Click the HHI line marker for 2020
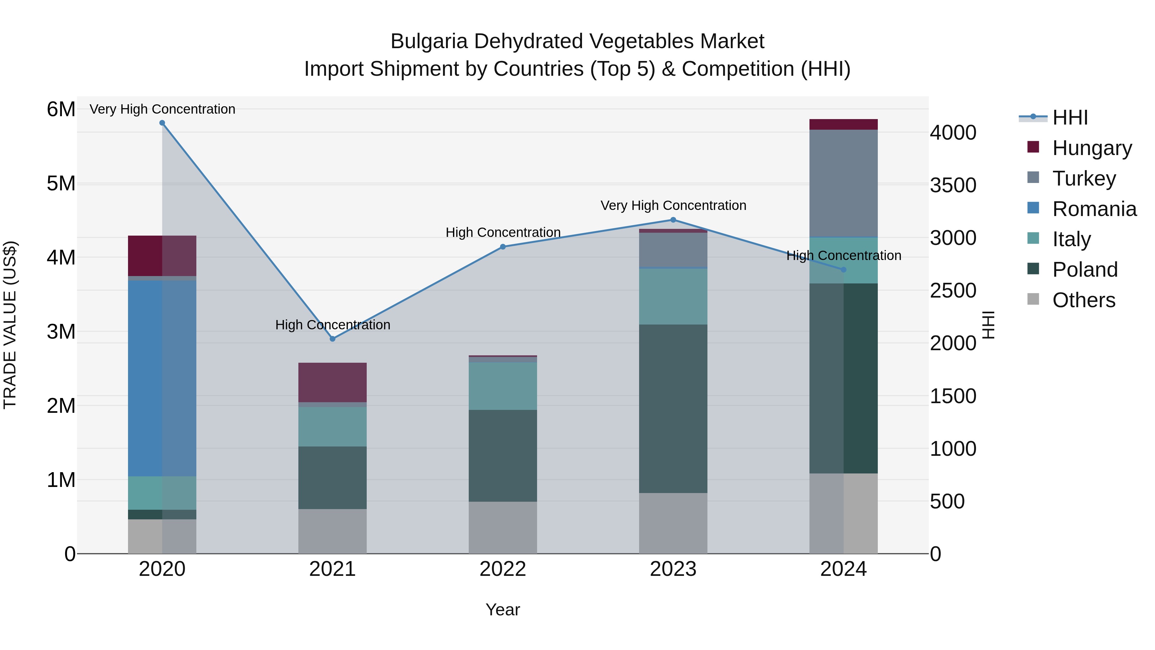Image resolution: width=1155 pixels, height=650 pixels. click(x=162, y=123)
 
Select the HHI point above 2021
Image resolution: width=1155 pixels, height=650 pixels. click(x=332, y=339)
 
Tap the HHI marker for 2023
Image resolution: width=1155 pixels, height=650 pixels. click(x=673, y=220)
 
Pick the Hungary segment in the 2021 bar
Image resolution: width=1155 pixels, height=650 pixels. click(x=332, y=382)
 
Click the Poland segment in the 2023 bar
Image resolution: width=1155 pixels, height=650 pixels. click(x=673, y=408)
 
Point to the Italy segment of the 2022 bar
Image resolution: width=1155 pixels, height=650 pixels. click(x=503, y=386)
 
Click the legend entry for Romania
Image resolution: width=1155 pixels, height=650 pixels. click(x=1094, y=209)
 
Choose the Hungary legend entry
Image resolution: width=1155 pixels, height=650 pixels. click(x=1092, y=148)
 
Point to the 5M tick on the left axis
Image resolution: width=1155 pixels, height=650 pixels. click(x=61, y=184)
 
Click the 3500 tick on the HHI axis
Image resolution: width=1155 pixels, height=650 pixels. click(x=953, y=185)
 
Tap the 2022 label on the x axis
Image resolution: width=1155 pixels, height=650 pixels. click(x=503, y=569)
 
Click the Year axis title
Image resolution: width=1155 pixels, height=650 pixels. click(x=503, y=610)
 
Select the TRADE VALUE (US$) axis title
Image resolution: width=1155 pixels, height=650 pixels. click(x=10, y=325)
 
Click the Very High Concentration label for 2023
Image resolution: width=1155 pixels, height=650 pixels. click(x=673, y=205)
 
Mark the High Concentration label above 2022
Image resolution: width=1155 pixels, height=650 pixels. click(x=503, y=232)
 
